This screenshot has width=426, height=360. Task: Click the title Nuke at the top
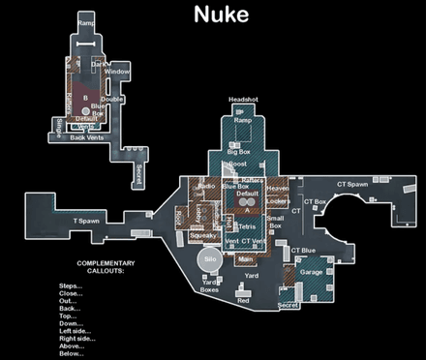221,15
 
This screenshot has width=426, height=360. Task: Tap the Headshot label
244,100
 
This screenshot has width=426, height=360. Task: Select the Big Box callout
239,152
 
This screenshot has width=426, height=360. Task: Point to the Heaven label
278,188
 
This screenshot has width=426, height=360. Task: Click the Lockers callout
278,201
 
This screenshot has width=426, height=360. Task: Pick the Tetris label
247,225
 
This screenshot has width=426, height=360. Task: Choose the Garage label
312,272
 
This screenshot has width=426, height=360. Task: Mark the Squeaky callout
202,235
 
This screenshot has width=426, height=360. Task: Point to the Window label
117,72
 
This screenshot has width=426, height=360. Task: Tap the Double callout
112,99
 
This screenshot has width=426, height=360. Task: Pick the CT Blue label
303,251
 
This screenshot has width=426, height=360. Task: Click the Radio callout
206,186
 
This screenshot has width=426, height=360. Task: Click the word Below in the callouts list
72,354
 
